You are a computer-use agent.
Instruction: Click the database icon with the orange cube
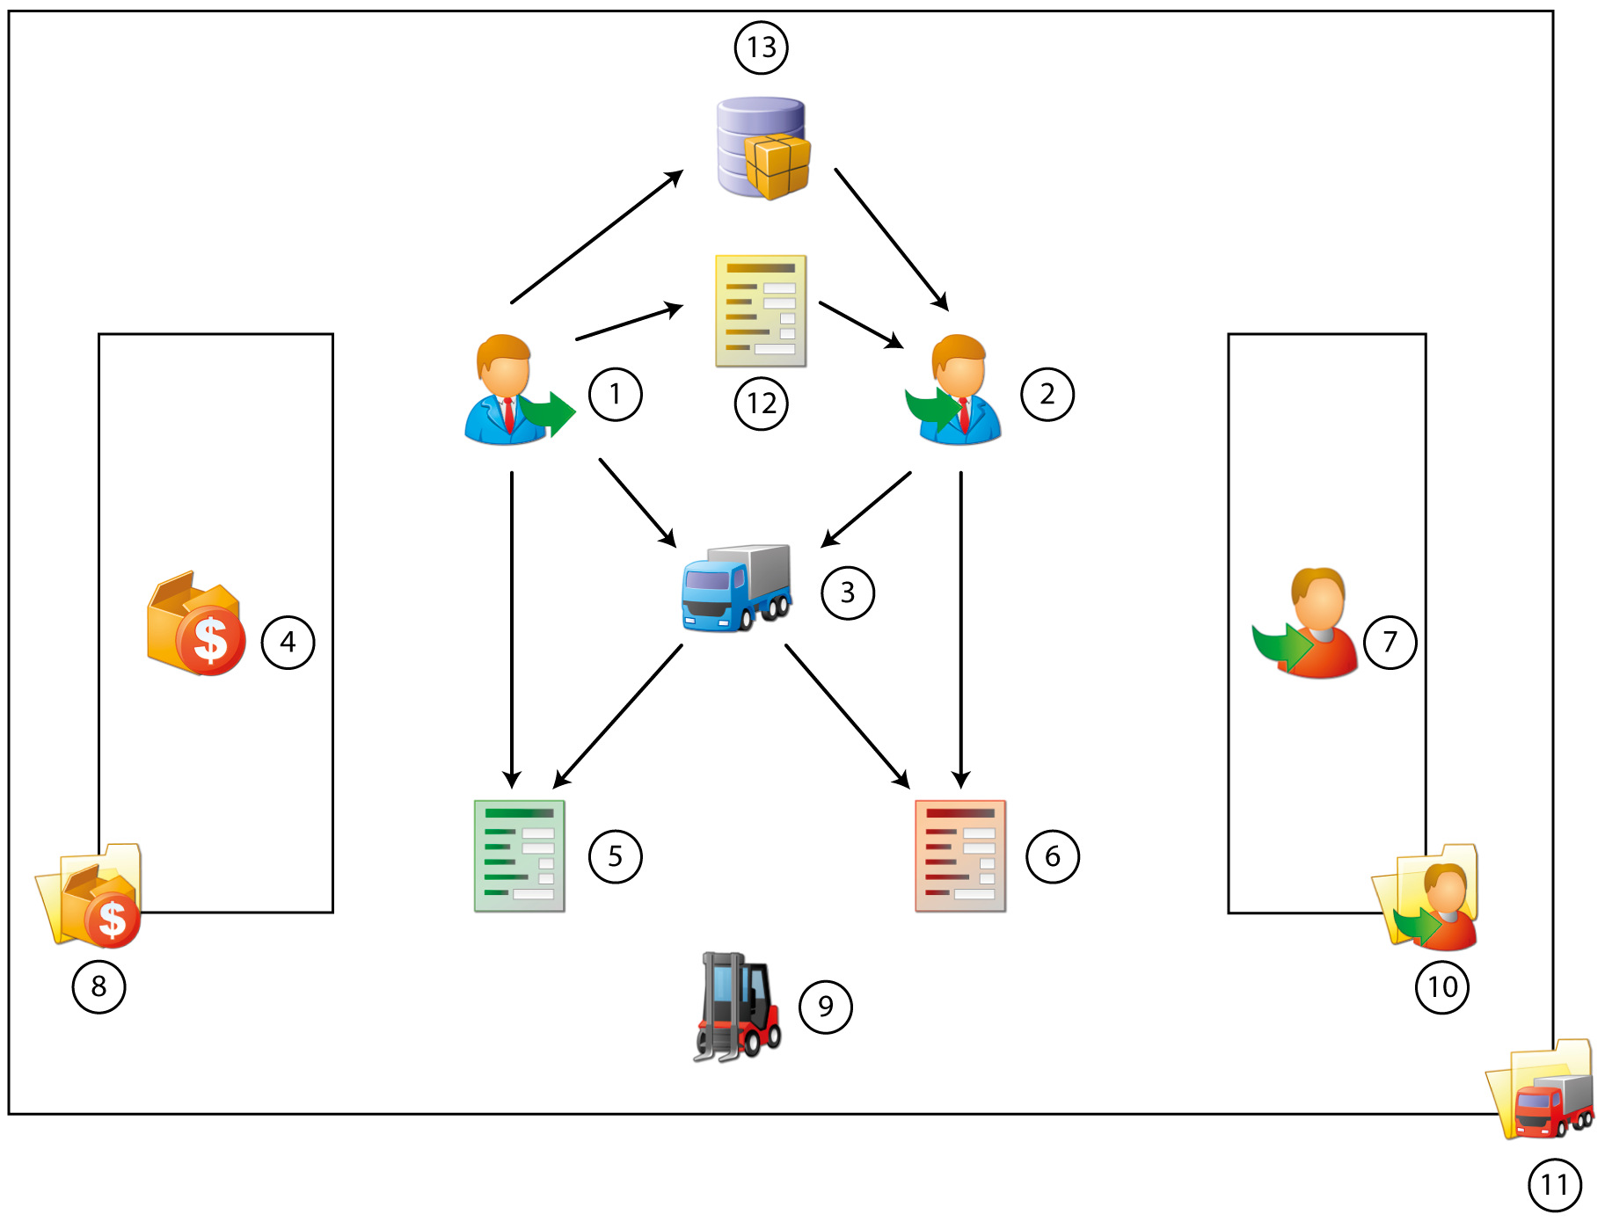coord(762,148)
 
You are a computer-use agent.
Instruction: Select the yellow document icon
coord(761,310)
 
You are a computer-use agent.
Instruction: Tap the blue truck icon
coord(736,587)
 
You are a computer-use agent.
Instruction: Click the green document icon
coord(519,855)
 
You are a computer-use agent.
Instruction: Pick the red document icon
coord(959,855)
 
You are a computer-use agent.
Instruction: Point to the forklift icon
coord(737,1007)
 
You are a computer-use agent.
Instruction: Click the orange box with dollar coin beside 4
coord(195,624)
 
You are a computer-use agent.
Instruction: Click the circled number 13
coord(761,47)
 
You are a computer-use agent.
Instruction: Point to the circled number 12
coord(761,404)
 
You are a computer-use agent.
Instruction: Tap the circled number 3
coord(847,593)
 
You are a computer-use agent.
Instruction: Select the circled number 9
coord(825,1007)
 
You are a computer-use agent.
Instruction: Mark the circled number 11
coord(1554,1185)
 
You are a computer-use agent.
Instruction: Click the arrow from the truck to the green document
coord(617,716)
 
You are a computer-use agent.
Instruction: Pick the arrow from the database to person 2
coord(891,239)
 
